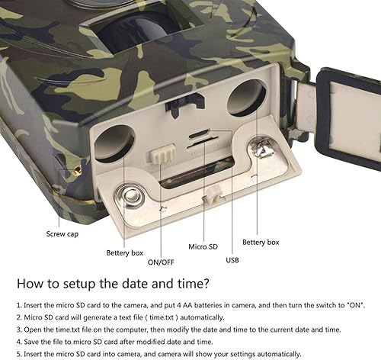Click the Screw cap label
click(x=62, y=234)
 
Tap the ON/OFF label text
click(x=161, y=262)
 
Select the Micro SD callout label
click(x=203, y=246)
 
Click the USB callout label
click(x=232, y=260)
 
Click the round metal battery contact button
click(x=130, y=196)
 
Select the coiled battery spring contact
click(x=261, y=149)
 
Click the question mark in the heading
click(x=206, y=283)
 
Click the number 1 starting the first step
click(x=18, y=305)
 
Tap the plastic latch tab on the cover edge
click(x=213, y=194)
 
